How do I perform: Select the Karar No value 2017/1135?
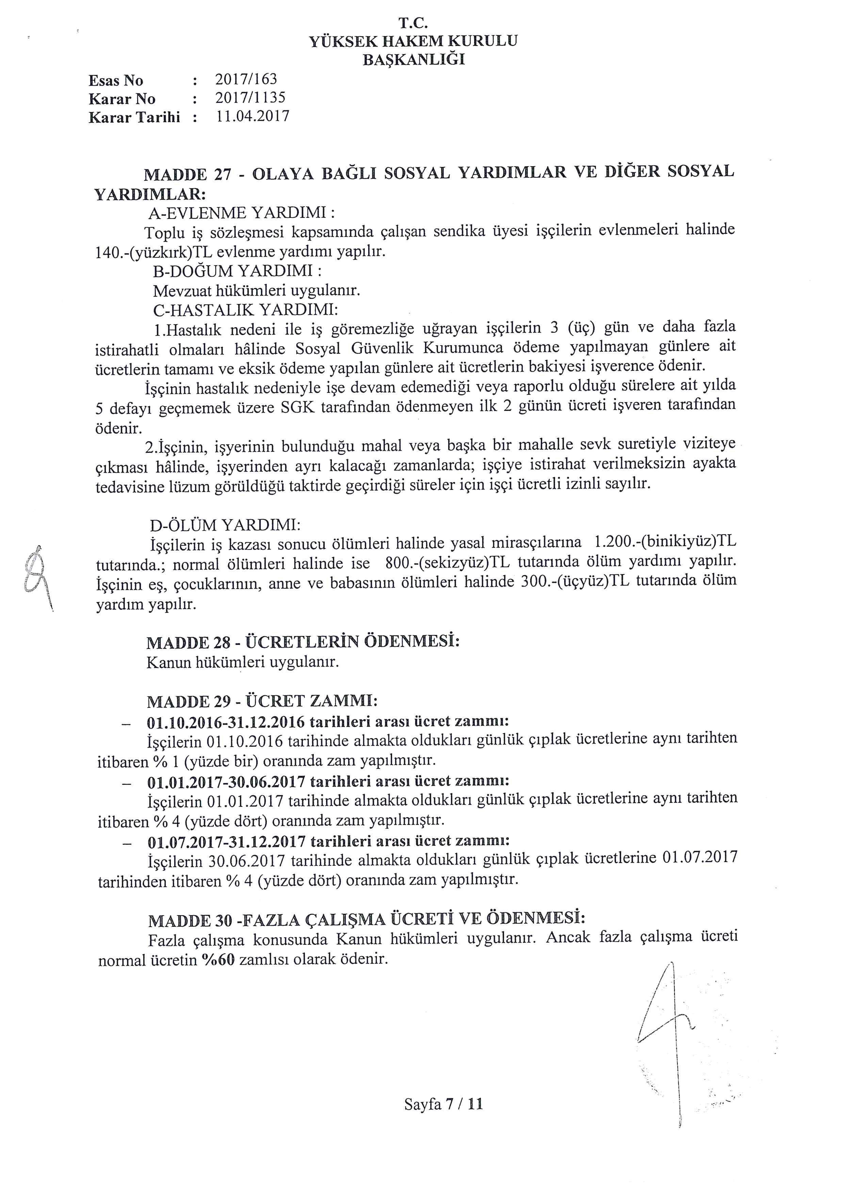250,97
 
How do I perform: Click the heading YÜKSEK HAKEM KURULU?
413,41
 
